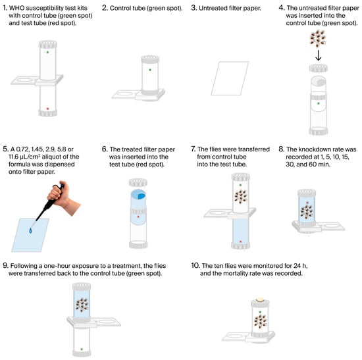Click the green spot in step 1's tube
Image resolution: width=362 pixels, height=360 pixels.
47,52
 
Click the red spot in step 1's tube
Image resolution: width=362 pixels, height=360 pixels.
47,109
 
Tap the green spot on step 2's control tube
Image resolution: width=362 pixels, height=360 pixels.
150,70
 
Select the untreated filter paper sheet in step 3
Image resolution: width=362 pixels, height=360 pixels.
230,78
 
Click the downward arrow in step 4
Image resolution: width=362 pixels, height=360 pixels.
319,55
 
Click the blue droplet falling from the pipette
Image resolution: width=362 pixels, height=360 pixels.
30,230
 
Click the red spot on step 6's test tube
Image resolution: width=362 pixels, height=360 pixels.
138,217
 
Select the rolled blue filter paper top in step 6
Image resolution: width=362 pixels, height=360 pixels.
138,195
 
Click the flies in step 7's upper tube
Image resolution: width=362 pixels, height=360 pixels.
241,197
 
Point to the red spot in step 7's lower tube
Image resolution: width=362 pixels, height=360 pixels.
240,242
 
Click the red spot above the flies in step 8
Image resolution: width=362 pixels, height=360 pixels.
307,203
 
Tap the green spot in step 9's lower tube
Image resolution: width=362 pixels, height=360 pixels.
82,349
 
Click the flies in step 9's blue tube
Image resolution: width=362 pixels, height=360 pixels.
82,305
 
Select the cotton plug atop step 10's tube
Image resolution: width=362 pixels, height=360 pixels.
260,299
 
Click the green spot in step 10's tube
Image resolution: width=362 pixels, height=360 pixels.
260,312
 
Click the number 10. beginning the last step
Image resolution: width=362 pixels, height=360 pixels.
195,265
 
